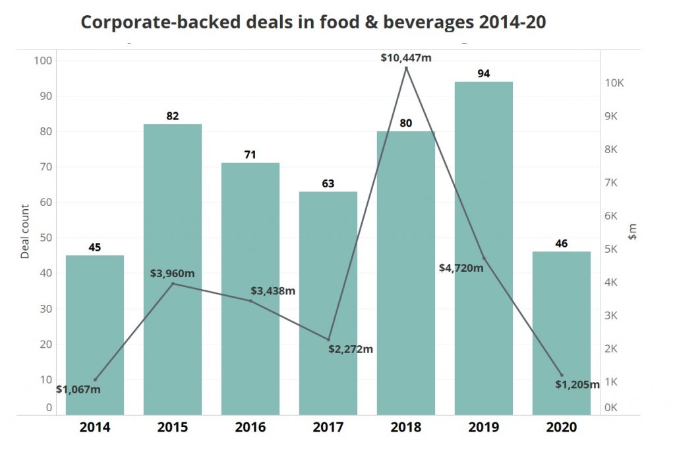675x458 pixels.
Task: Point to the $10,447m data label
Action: click(406, 57)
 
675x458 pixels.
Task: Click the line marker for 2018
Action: click(406, 68)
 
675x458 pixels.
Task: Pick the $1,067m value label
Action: click(78, 389)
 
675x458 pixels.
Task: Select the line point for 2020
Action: click(562, 375)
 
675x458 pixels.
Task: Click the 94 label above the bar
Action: click(483, 73)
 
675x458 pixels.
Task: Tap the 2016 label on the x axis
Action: click(250, 427)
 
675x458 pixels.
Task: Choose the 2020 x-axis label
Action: click(562, 427)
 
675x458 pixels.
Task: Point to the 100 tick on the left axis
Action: click(43, 61)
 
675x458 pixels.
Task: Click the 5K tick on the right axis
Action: click(615, 249)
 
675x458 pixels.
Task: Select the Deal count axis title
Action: click(25, 232)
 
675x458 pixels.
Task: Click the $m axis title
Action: click(633, 232)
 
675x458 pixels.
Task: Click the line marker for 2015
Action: click(173, 284)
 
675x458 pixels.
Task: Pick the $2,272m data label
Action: click(351, 348)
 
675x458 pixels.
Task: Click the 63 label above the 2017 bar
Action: click(328, 183)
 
